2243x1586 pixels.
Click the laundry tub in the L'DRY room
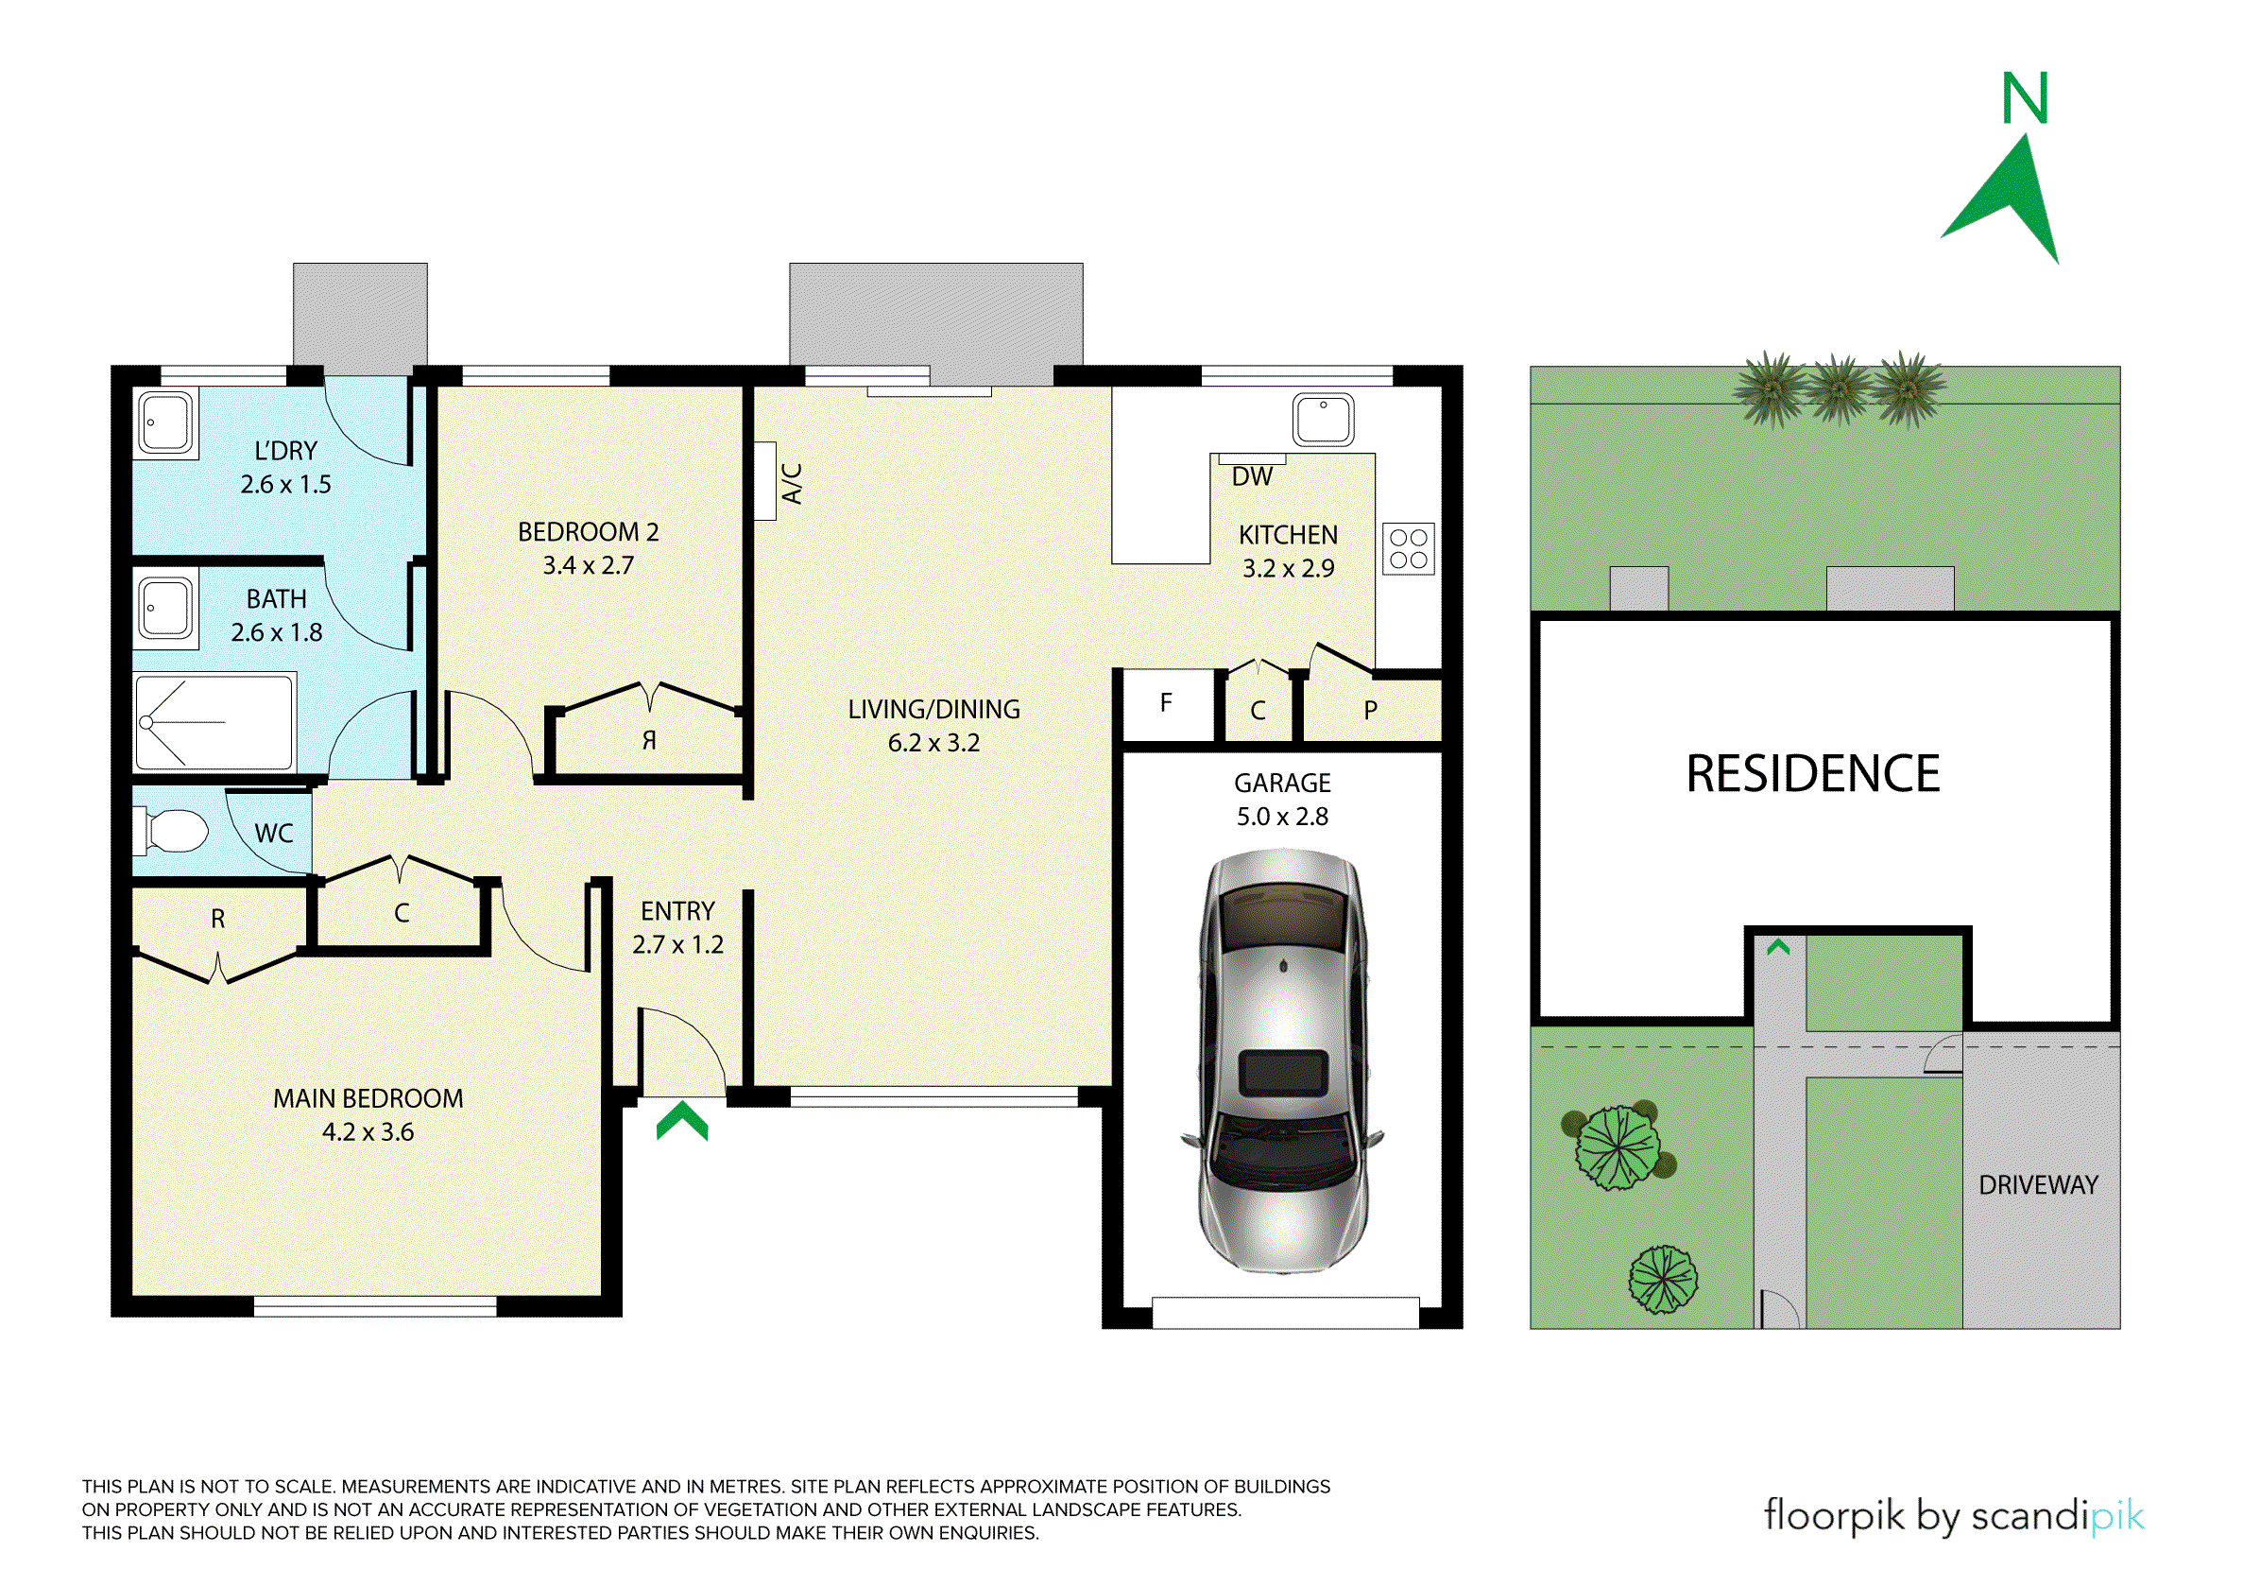point(167,422)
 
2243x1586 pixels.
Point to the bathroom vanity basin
point(167,609)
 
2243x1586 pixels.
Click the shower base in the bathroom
point(214,722)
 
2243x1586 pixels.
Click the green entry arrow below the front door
point(682,1120)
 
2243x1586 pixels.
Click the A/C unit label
point(793,483)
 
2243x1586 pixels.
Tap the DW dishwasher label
point(1252,476)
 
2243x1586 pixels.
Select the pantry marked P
point(1372,711)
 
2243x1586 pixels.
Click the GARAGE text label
point(1282,783)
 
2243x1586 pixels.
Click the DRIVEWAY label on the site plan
point(2038,1184)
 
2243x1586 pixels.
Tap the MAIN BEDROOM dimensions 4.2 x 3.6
point(368,1131)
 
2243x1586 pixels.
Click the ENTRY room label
point(678,911)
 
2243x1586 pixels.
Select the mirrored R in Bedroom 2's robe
point(649,740)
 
